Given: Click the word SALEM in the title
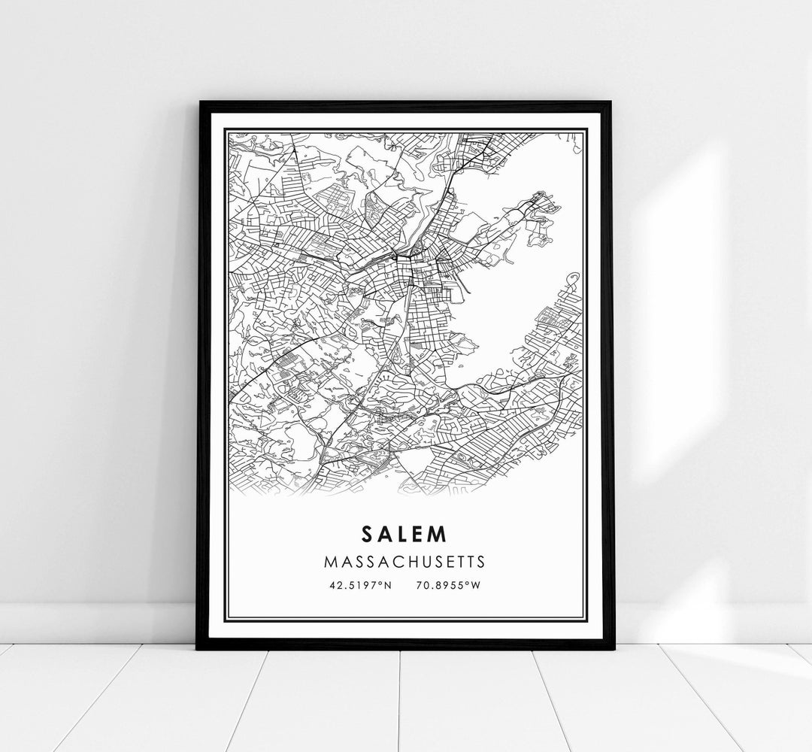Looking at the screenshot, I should coord(404,533).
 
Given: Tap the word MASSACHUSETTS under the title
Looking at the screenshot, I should coord(404,561).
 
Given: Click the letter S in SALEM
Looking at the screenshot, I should coord(366,533).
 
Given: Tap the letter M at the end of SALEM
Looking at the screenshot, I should coord(440,533).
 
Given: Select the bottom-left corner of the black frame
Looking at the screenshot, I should coord(197,648).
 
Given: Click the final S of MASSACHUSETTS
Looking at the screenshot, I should coord(480,561).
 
